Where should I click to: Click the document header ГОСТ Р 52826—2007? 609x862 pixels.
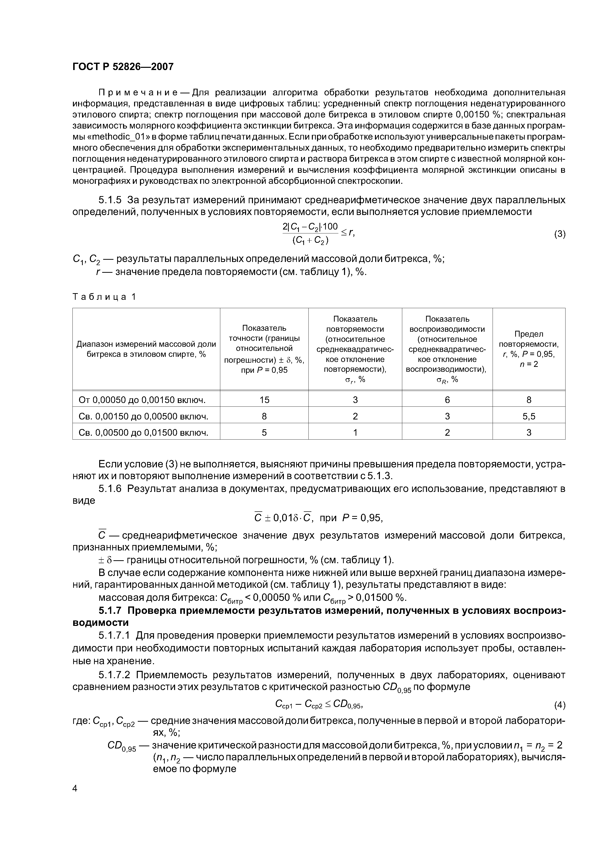[123, 67]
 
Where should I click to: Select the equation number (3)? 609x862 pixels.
[559, 234]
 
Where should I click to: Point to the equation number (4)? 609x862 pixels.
[559, 705]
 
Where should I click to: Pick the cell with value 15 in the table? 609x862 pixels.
[264, 400]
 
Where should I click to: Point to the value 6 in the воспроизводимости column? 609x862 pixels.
[447, 400]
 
